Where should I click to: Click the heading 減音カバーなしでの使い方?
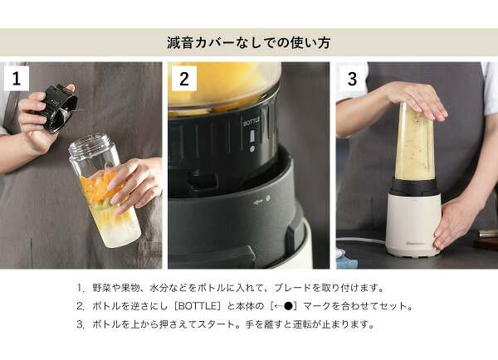[x=249, y=41]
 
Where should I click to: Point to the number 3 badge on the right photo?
[x=352, y=79]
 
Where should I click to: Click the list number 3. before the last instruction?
[x=81, y=324]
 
